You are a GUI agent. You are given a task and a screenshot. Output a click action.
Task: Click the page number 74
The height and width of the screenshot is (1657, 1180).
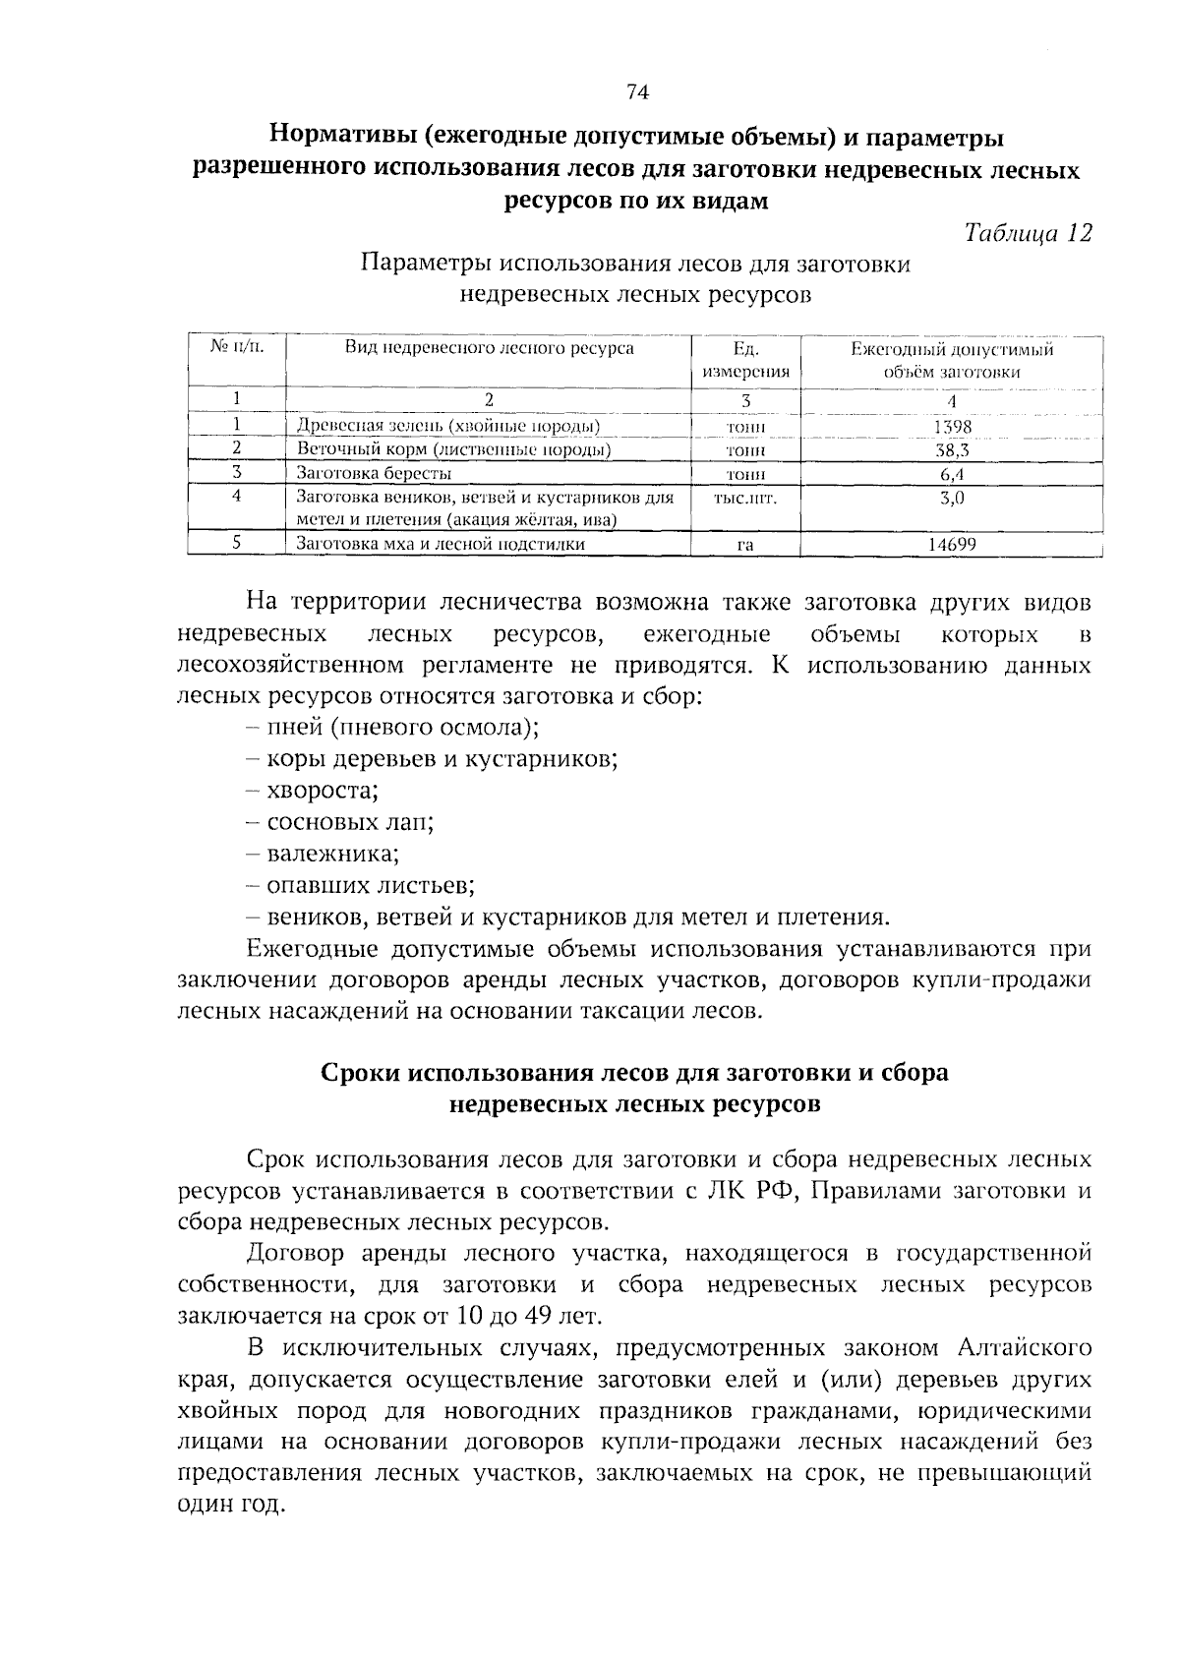(638, 92)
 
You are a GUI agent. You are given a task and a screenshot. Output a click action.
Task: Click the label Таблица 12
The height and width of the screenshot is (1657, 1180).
(1028, 233)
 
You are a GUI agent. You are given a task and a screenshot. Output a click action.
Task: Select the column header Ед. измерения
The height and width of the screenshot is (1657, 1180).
(745, 360)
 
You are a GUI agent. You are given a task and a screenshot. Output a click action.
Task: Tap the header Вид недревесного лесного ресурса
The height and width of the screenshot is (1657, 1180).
(489, 348)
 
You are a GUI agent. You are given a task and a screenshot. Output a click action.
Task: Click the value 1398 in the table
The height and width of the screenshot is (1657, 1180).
(951, 427)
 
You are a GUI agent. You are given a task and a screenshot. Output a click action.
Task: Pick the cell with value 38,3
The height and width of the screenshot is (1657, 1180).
(951, 450)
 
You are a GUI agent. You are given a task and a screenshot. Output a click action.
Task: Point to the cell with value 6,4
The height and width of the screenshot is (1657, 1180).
(951, 474)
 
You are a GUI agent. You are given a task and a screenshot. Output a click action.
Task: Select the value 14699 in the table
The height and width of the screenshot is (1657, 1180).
(951, 544)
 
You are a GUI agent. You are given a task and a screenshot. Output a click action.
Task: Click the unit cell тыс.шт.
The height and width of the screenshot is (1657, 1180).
(745, 499)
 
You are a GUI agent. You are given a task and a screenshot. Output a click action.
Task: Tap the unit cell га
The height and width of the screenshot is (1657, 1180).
(745, 545)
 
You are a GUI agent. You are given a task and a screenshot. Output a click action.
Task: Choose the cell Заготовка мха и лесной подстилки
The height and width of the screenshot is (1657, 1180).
(441, 544)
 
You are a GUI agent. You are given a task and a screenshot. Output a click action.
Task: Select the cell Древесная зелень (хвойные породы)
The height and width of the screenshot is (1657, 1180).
(448, 427)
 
